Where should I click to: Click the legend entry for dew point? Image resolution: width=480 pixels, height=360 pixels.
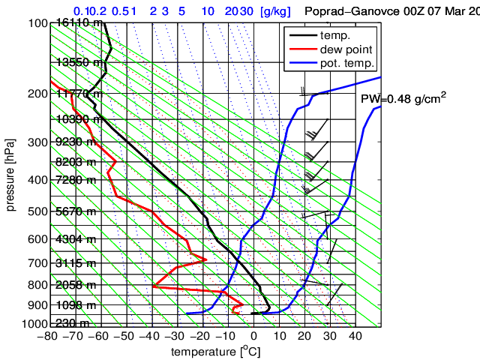pos(346,49)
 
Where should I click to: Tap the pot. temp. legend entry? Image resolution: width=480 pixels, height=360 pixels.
pos(347,63)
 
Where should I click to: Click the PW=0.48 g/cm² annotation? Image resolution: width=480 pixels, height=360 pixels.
pos(403,98)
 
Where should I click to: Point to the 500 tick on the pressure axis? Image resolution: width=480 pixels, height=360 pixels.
pos(39,212)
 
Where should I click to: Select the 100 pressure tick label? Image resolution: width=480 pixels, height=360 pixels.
pos(39,23)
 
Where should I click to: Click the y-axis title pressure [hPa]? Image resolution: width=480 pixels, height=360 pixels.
pos(10,174)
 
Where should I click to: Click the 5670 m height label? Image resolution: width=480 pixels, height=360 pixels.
pos(76,212)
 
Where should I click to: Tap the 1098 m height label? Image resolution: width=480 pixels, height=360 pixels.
pos(76,305)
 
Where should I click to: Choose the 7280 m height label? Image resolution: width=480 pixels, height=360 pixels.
pos(76,180)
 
